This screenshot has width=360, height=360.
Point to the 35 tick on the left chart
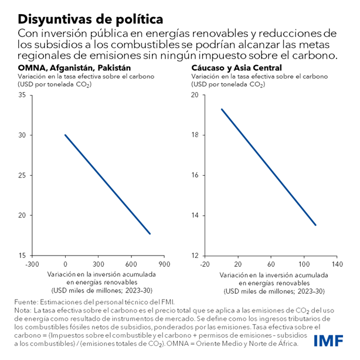pyautogui.click(x=22, y=95)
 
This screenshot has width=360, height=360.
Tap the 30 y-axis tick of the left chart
pyautogui.click(x=22, y=135)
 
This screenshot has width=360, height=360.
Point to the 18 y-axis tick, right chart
pyautogui.click(x=196, y=135)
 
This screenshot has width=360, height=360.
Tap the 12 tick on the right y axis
pyautogui.click(x=196, y=256)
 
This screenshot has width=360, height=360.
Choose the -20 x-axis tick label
pyautogui.click(x=204, y=263)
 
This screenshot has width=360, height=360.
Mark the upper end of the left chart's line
pyautogui.click(x=65, y=135)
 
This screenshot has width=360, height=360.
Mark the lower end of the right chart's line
pyautogui.click(x=316, y=225)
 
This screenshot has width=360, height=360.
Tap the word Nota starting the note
pyautogui.click(x=21, y=310)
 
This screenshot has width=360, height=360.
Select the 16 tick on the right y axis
pyautogui.click(x=196, y=175)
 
